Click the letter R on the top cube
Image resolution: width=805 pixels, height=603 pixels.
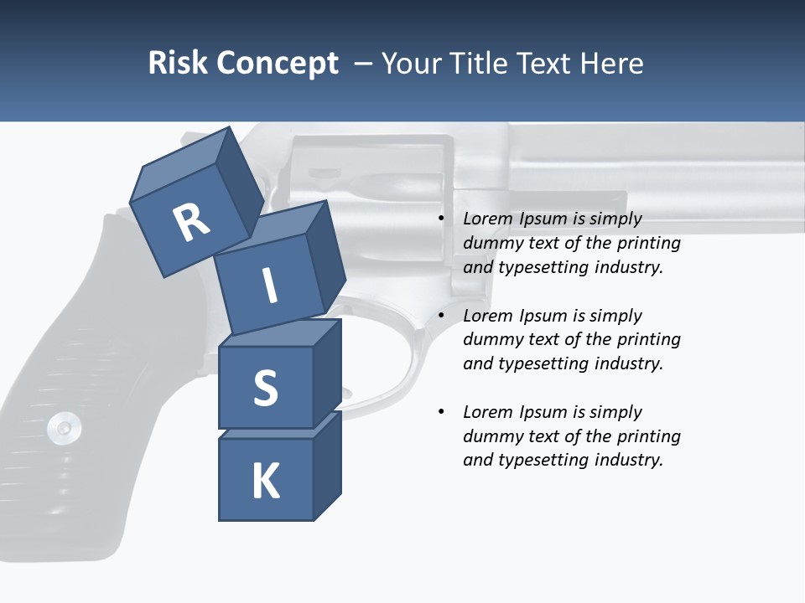point(191,223)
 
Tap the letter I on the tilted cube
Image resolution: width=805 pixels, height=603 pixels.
point(270,286)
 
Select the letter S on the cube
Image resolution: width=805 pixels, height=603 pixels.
point(265,387)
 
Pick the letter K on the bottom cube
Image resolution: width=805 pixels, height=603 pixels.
point(266,481)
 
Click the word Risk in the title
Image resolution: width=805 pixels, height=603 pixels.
point(177,63)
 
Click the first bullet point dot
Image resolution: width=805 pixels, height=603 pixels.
point(441,219)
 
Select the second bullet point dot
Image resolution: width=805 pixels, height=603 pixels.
point(441,316)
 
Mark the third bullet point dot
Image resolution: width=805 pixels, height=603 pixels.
point(441,412)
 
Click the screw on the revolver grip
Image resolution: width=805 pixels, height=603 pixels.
point(64,428)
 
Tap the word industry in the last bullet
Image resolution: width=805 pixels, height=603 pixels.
point(628,460)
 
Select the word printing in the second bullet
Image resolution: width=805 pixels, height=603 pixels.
point(648,340)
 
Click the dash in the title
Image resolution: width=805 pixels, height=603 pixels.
point(364,63)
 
